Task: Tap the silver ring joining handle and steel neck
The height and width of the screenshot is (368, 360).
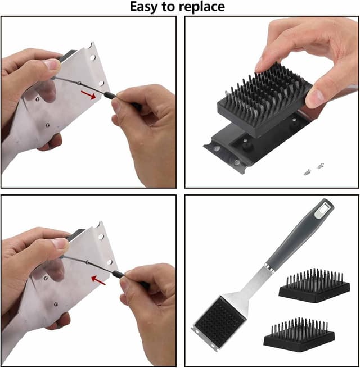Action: (272, 267)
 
